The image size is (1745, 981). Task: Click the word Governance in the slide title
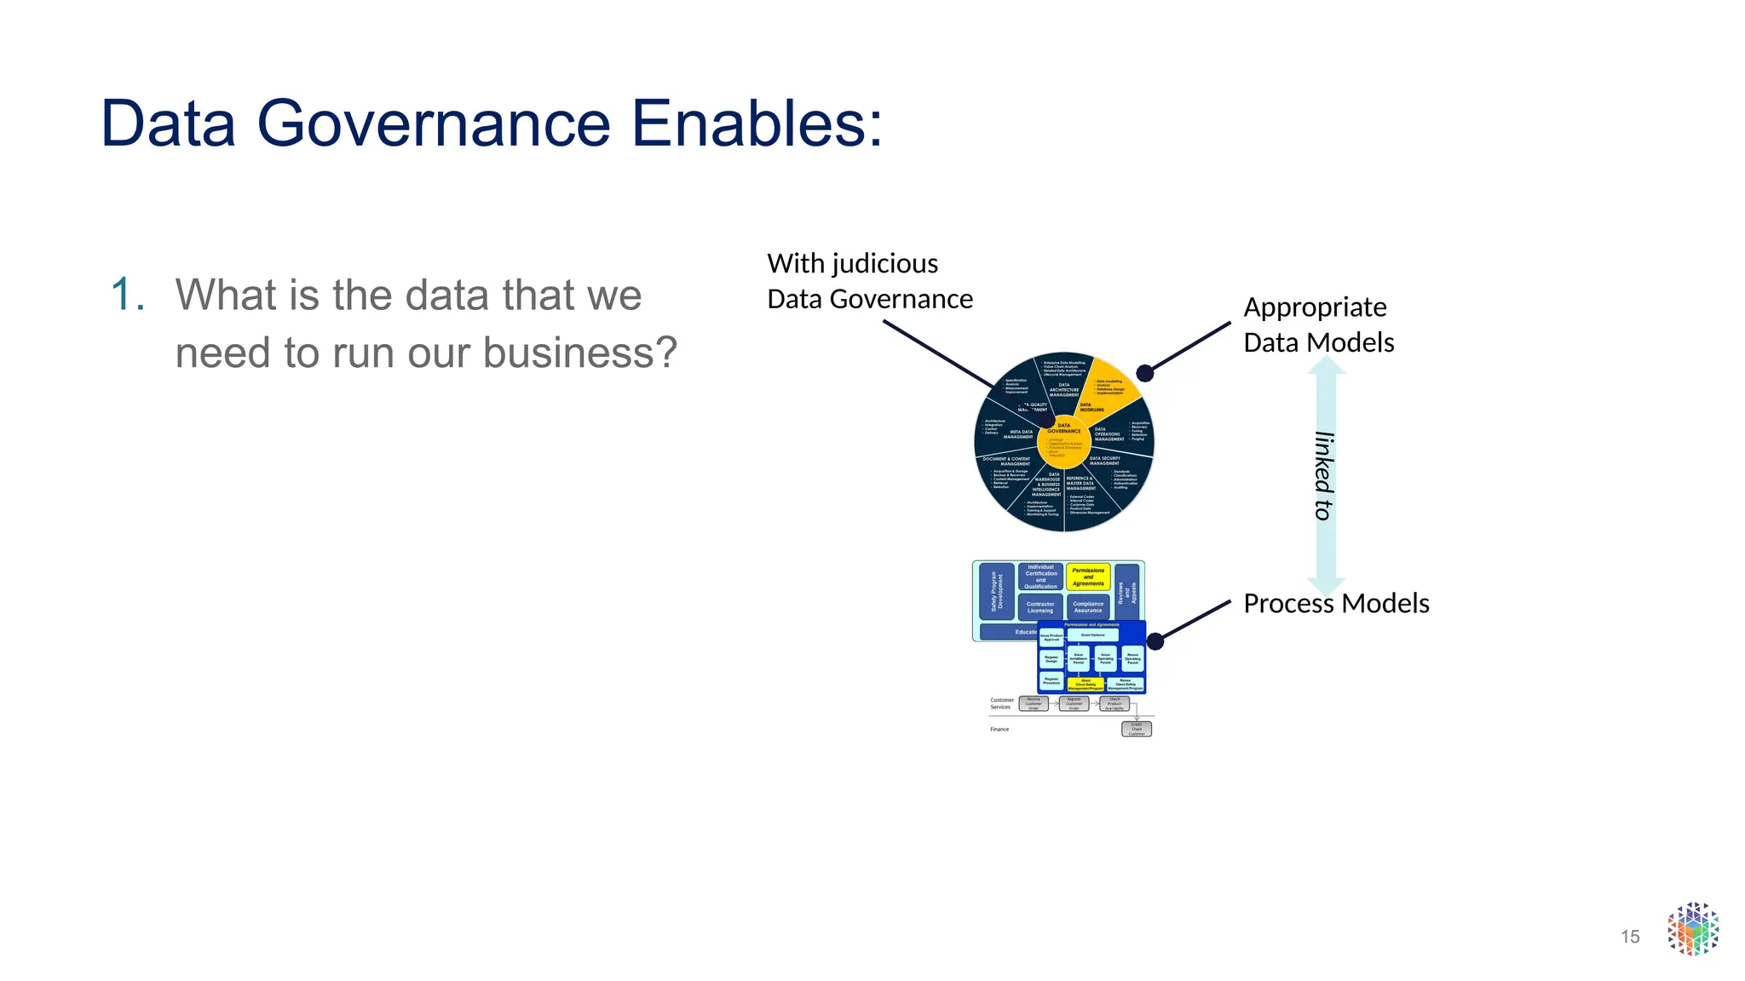click(433, 124)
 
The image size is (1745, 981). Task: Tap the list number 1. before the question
click(128, 295)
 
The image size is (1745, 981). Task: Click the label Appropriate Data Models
click(1318, 324)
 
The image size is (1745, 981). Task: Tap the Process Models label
click(1335, 604)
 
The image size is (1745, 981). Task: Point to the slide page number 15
click(1629, 937)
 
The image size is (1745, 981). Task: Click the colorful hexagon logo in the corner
click(1692, 929)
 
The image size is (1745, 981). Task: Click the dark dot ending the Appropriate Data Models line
click(1145, 373)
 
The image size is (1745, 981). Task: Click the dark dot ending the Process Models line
click(1155, 641)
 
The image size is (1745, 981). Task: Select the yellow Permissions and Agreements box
click(1088, 577)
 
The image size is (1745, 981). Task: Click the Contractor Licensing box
click(1040, 607)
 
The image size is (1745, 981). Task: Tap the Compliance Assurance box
click(1088, 607)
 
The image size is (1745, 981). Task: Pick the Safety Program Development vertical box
click(996, 591)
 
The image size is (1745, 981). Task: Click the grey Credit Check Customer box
click(1137, 729)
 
